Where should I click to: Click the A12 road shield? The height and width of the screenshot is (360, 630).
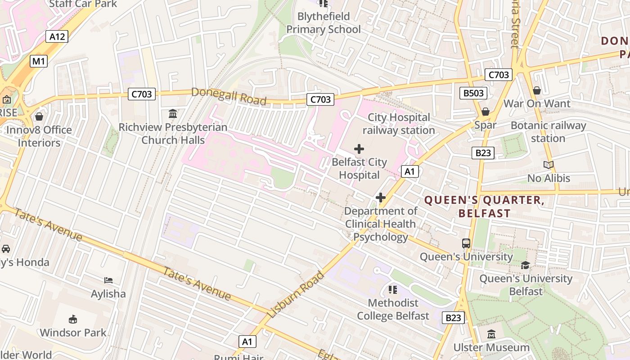tap(57, 36)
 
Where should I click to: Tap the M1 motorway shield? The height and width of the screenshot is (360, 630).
tap(39, 61)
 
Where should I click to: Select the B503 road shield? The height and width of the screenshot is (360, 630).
tap(473, 93)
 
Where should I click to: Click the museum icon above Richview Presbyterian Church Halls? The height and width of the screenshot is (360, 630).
tap(173, 113)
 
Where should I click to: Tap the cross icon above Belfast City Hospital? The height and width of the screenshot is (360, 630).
tap(359, 148)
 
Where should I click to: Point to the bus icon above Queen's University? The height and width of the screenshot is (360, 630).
tap(466, 243)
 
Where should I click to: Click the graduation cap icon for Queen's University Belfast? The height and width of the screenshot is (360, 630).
tap(525, 265)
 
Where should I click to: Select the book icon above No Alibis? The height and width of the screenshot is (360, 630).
tap(548, 165)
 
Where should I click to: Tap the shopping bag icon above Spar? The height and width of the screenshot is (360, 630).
tap(485, 112)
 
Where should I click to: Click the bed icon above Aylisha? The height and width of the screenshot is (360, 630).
tap(108, 280)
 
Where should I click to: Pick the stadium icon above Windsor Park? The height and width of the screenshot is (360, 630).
tap(73, 319)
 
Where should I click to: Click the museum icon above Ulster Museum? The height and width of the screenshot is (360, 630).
tap(491, 334)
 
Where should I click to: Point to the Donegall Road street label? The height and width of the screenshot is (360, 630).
tap(229, 96)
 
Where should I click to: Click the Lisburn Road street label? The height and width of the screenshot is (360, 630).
tap(295, 295)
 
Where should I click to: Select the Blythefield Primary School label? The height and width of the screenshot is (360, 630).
tap(324, 23)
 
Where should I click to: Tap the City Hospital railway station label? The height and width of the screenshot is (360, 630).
tap(399, 124)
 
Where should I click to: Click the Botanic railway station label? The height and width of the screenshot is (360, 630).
tap(548, 132)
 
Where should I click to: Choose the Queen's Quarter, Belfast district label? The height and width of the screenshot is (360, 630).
tap(485, 207)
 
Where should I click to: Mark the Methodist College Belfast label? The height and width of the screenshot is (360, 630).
tap(393, 309)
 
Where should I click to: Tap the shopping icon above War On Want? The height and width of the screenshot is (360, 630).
tap(536, 90)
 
